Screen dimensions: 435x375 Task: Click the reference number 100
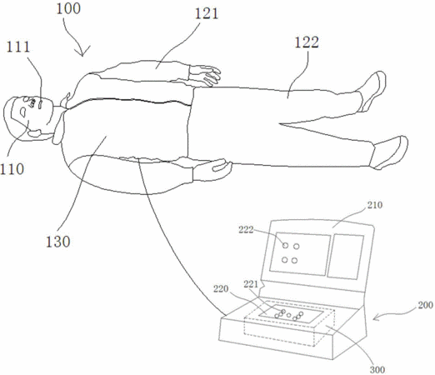point(68,8)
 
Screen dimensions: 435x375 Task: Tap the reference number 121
point(207,13)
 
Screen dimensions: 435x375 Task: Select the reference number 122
point(307,42)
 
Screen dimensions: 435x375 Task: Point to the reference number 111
point(17,47)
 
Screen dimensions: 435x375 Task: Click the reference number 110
point(12,169)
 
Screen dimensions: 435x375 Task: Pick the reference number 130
point(57,242)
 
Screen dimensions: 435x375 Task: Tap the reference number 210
point(375,205)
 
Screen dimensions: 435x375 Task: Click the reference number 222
point(246,230)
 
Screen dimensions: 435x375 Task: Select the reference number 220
point(221,289)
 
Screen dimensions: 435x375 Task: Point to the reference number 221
point(251,284)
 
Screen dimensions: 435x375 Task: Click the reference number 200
point(425,305)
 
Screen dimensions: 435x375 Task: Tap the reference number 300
point(377,370)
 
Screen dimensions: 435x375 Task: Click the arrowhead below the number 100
point(82,52)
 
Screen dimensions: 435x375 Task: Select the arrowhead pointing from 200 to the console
point(376,317)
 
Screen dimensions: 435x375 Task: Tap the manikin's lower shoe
point(389,152)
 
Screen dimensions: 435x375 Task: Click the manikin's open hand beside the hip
point(212,170)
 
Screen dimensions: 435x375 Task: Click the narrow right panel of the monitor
point(346,257)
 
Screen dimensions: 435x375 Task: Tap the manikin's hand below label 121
point(205,75)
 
